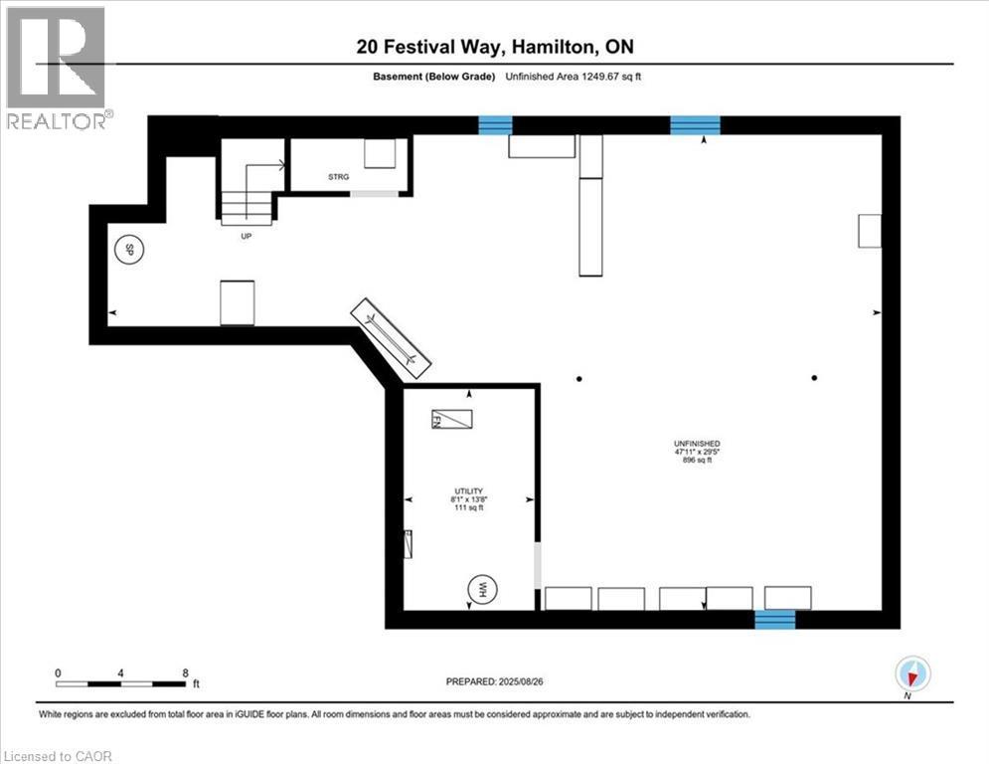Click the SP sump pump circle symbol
point(127,250)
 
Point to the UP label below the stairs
point(245,238)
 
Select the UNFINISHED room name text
point(696,443)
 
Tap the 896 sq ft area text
point(696,461)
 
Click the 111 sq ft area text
point(469,508)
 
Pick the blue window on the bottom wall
point(774,619)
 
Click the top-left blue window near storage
point(495,124)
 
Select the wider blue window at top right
point(695,124)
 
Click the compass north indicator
point(911,674)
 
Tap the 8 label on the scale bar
point(185,672)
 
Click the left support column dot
point(578,378)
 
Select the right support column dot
point(814,378)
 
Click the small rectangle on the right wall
point(870,231)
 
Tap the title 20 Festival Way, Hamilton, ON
point(494,47)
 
